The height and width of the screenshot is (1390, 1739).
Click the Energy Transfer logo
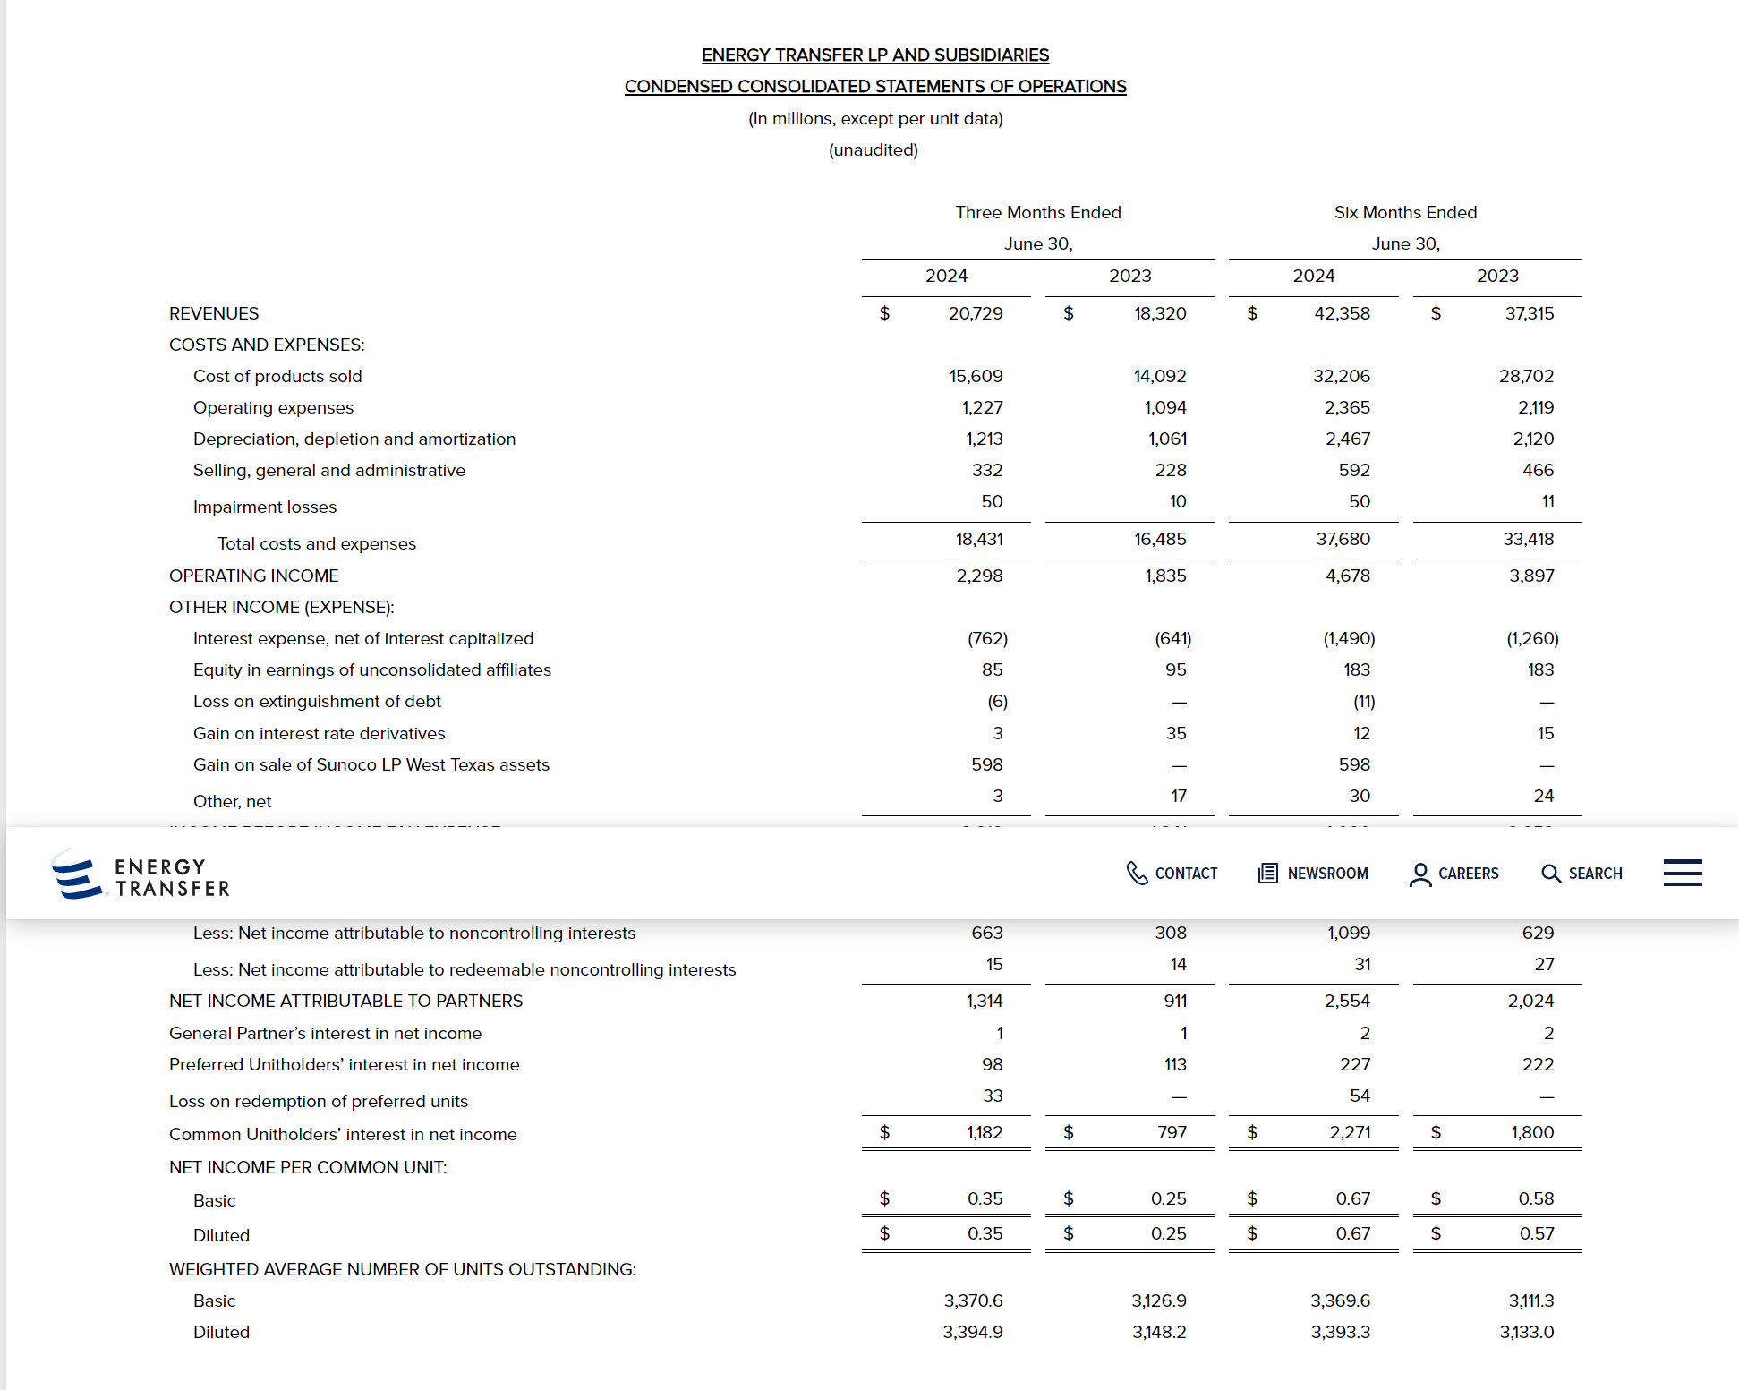tap(141, 874)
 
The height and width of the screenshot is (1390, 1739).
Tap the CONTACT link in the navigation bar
tap(1172, 874)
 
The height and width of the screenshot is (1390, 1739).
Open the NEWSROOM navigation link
tap(1313, 874)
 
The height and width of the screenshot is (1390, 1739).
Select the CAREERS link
tap(1453, 874)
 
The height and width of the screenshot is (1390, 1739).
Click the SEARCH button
tap(1581, 874)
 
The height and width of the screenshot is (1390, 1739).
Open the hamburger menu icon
tap(1683, 873)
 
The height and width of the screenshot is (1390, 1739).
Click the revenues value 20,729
tap(975, 314)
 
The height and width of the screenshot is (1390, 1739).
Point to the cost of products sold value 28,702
tap(1526, 377)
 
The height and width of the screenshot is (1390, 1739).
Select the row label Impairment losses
tap(265, 507)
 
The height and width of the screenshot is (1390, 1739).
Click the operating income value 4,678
tap(1347, 576)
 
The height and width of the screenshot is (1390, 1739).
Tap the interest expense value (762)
tap(987, 639)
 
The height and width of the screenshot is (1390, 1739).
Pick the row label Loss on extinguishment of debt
tap(317, 702)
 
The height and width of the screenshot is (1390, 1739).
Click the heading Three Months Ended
tap(1037, 213)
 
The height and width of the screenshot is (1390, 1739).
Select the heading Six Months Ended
tap(1405, 213)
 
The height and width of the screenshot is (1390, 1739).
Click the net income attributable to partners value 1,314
tap(984, 1002)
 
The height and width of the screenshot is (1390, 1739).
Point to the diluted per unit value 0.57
tap(1536, 1234)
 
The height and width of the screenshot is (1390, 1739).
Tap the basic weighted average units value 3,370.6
tap(973, 1301)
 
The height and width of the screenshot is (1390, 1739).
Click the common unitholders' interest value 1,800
tap(1532, 1133)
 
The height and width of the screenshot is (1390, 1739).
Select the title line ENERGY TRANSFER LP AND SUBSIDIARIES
tap(874, 55)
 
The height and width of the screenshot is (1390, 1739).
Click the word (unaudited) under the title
tap(874, 150)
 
